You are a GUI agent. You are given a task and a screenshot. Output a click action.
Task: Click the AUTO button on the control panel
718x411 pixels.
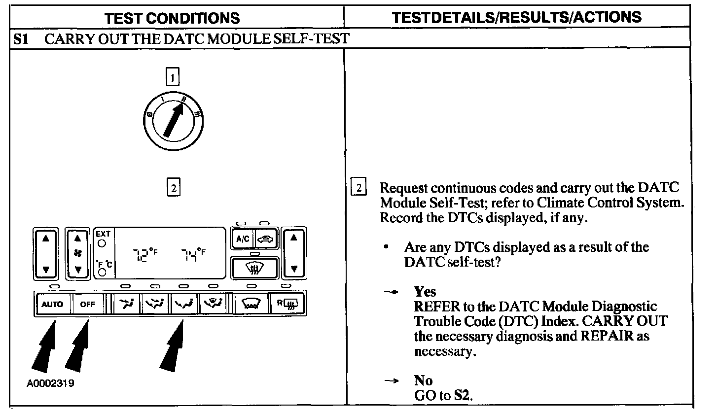point(52,304)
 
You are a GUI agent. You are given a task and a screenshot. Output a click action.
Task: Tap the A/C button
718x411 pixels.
point(242,240)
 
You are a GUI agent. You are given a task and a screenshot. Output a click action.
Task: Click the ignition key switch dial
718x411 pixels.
point(175,119)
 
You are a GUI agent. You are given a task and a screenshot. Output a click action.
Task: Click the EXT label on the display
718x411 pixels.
point(104,234)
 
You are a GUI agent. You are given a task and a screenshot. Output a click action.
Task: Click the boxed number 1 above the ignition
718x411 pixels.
point(173,77)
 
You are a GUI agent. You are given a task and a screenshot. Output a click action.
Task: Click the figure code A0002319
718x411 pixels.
point(51,383)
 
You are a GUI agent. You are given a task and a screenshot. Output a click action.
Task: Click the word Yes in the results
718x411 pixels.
point(425,292)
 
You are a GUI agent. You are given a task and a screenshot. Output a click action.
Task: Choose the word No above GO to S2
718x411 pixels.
point(423,381)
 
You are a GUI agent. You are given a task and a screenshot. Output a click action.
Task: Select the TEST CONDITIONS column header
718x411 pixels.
point(172,18)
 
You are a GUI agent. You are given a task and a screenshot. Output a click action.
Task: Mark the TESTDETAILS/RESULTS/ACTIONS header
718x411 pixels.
point(516,17)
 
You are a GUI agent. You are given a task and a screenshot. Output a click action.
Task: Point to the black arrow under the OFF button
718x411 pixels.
point(78,350)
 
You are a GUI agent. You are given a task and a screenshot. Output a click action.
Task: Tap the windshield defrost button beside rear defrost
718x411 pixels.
point(251,304)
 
